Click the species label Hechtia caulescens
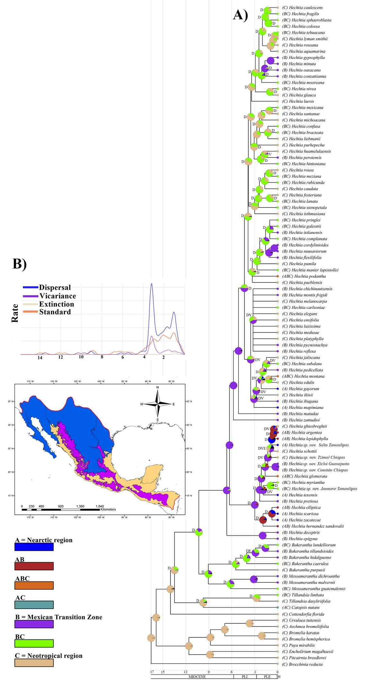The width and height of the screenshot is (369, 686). [302, 7]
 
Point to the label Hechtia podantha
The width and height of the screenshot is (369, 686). [304, 276]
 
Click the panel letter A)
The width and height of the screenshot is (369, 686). [240, 15]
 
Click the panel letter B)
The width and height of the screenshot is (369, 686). [19, 264]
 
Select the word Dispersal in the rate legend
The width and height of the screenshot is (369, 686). [55, 287]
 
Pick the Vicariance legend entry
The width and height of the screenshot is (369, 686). [58, 296]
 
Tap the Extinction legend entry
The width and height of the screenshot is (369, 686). [57, 304]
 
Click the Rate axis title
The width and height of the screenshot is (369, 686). [15, 313]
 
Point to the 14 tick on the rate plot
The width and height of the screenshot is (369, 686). [40, 357]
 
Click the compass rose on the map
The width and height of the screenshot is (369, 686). [157, 403]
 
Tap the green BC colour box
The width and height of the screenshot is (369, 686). [34, 643]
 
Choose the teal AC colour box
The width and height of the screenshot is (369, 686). [34, 605]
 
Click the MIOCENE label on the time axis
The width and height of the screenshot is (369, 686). [197, 677]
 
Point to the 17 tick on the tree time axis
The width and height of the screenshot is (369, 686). [152, 672]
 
